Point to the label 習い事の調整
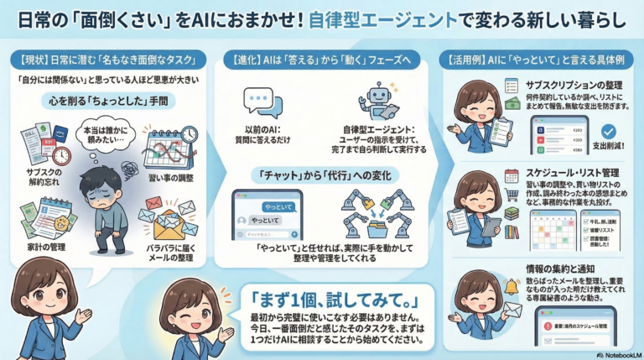(171, 178)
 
